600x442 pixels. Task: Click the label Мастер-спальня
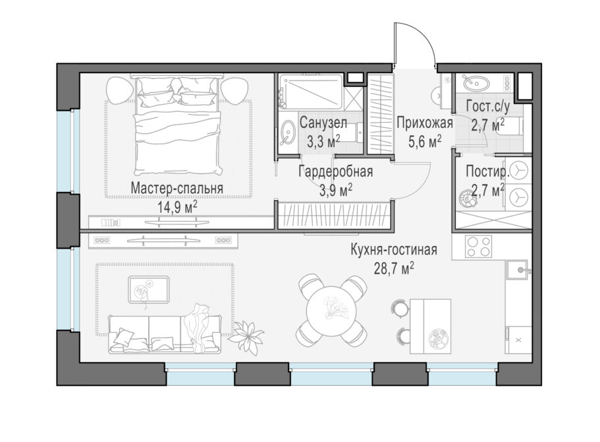click(x=177, y=188)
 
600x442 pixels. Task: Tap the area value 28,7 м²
click(x=394, y=268)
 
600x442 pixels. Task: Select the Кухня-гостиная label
click(x=394, y=250)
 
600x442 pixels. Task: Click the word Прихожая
click(x=425, y=123)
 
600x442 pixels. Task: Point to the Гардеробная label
click(x=336, y=172)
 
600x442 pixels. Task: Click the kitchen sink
click(x=518, y=270)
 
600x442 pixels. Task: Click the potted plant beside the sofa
click(x=248, y=336)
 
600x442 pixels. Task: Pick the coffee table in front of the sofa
click(x=148, y=290)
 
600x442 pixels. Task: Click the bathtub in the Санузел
click(x=310, y=92)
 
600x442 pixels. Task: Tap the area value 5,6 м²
click(x=425, y=141)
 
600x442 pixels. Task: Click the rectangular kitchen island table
click(x=430, y=327)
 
